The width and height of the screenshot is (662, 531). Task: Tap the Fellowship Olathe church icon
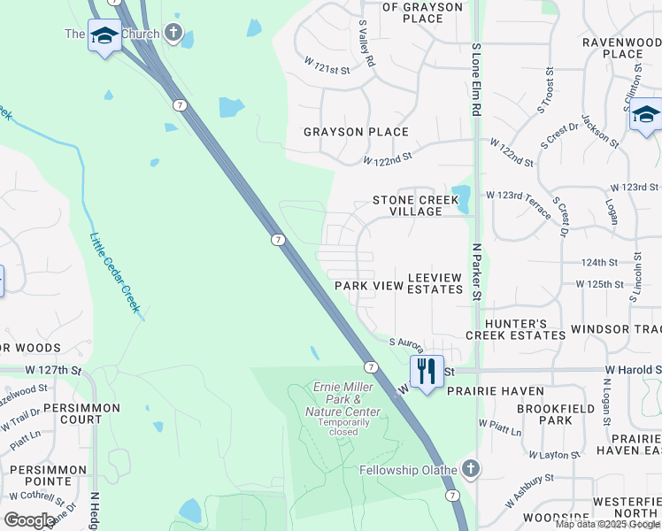471,469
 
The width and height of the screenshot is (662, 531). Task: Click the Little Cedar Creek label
115,272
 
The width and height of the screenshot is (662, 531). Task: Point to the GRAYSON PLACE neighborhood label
356,132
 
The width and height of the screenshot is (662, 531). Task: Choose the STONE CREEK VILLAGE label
416,205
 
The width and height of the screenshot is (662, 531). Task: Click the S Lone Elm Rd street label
475,81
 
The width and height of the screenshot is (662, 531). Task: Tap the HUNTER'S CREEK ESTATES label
515,329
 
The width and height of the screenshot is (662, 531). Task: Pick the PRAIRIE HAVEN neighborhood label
495,390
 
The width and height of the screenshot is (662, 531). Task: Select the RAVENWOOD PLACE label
622,48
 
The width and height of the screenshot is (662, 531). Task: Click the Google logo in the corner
29,520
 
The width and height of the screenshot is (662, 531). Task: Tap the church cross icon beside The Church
173,35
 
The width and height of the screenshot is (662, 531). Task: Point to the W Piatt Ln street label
501,428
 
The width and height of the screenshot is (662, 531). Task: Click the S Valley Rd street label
366,45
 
